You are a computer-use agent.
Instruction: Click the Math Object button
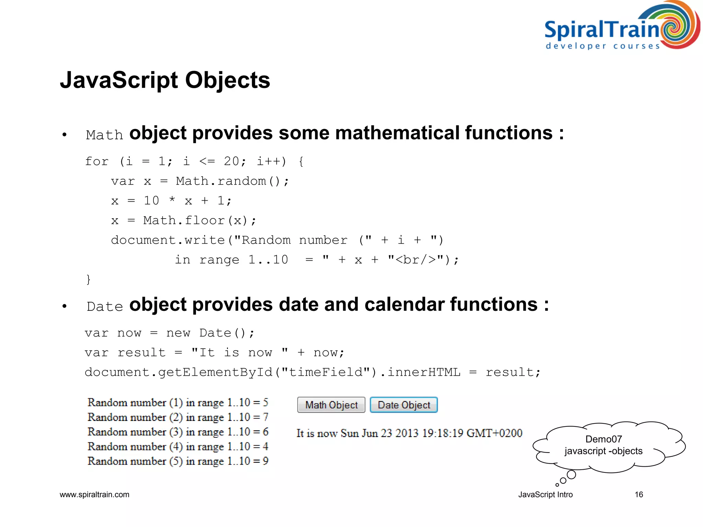[331, 405]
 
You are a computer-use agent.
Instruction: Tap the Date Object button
[404, 405]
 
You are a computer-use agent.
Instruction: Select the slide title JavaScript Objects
[165, 80]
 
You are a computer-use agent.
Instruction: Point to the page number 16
[638, 494]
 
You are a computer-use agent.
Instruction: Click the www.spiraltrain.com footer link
[94, 494]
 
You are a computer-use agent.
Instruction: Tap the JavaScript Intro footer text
[545, 494]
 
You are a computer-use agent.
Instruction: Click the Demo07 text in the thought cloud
[603, 439]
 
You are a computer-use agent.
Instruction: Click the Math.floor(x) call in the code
[199, 220]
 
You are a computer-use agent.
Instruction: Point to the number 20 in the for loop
[232, 161]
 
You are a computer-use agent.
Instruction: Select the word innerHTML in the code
[424, 372]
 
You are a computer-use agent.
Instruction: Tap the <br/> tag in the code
[416, 260]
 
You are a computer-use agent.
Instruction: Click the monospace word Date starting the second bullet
[105, 306]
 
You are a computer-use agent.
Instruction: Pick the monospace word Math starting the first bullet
[104, 135]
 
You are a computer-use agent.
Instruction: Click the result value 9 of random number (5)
[265, 461]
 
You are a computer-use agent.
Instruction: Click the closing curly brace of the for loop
[88, 279]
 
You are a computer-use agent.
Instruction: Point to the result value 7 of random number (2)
[265, 417]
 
